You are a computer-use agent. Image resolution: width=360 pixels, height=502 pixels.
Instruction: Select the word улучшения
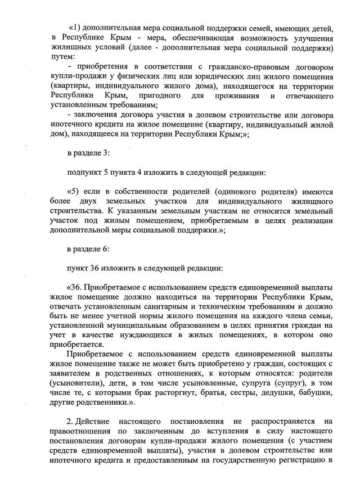[312, 38]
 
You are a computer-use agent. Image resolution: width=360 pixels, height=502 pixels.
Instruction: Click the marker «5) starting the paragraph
[74, 191]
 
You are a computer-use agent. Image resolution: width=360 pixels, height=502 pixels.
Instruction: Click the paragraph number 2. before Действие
[70, 420]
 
